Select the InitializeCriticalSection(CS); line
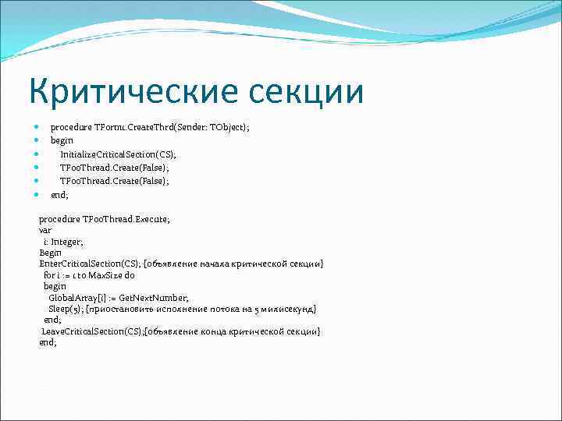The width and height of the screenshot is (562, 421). click(x=118, y=154)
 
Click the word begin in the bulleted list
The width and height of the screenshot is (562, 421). click(x=62, y=140)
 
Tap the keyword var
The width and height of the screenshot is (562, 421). click(x=45, y=231)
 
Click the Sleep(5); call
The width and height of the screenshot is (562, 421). click(x=66, y=309)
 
